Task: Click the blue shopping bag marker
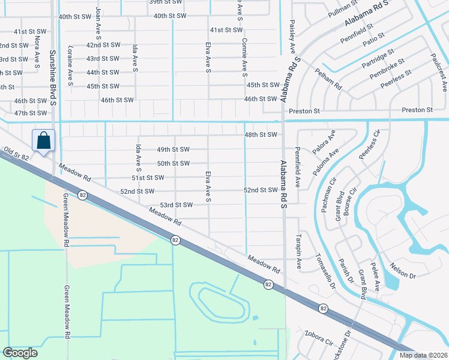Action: [x=44, y=141]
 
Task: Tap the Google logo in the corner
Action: [x=20, y=353]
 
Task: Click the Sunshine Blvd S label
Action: [x=53, y=74]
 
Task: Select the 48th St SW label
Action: [x=261, y=135]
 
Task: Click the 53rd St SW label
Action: [x=176, y=205]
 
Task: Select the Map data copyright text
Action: [x=424, y=355]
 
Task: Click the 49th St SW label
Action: [x=173, y=149]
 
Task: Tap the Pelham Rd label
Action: [x=330, y=79]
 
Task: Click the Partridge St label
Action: [x=378, y=60]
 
